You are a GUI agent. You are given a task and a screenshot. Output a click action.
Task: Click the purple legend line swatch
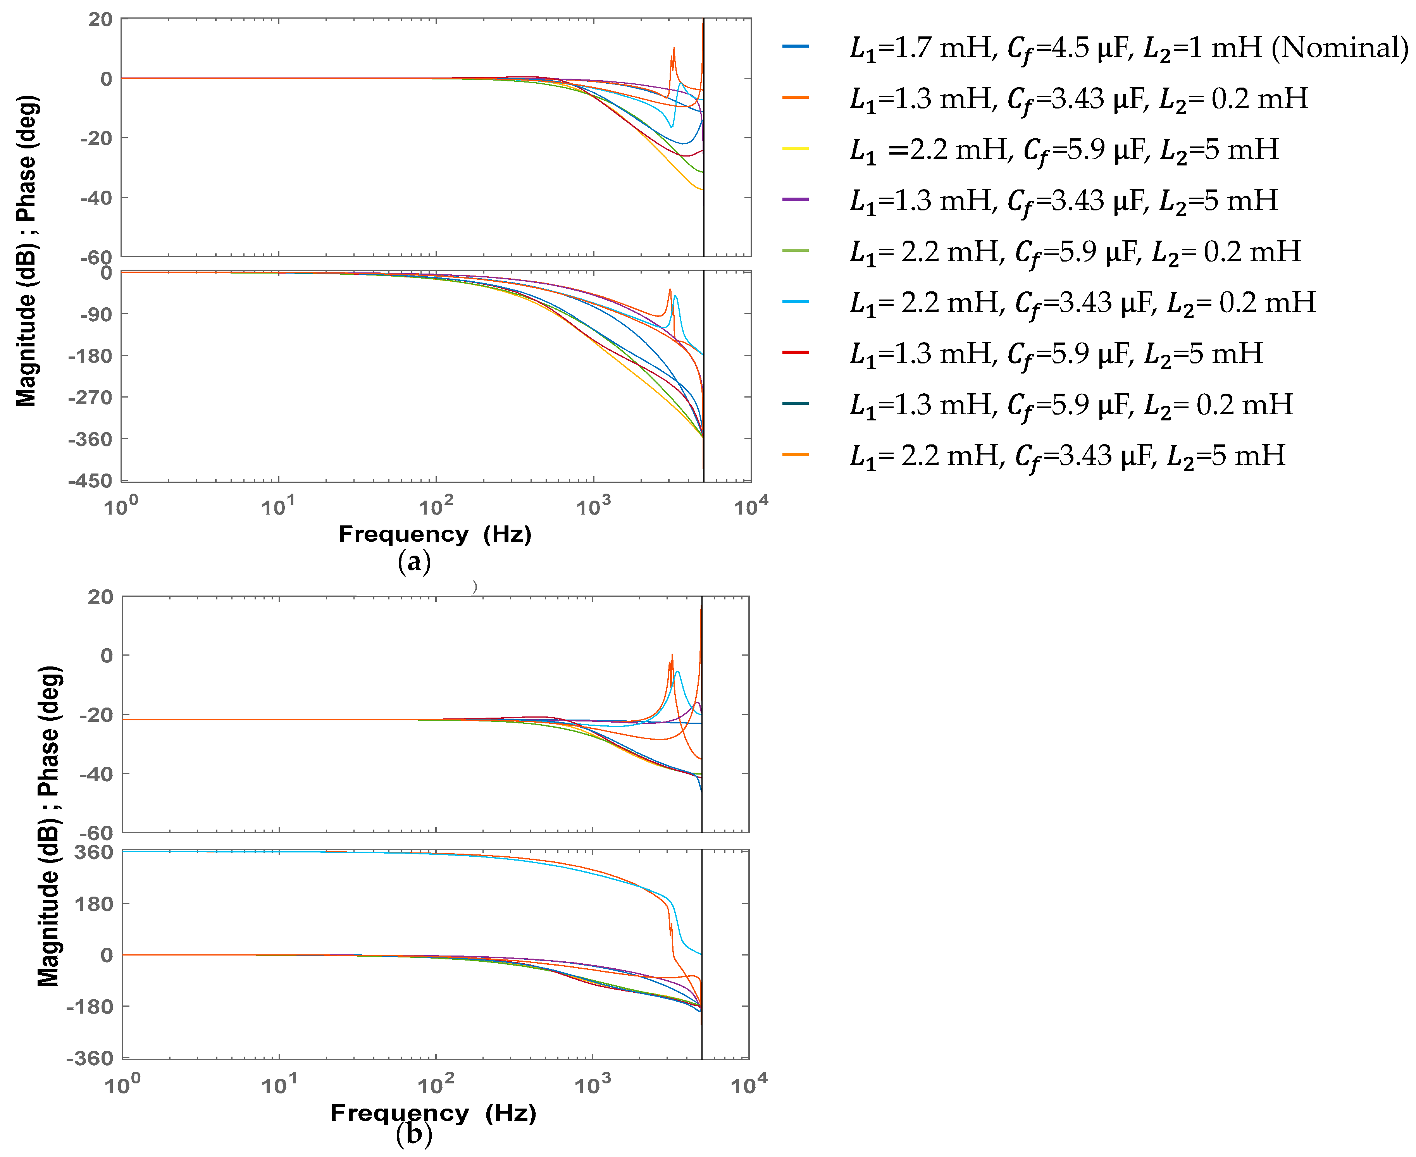pyautogui.click(x=795, y=199)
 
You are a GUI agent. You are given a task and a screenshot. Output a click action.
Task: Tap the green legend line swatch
pyautogui.click(x=795, y=251)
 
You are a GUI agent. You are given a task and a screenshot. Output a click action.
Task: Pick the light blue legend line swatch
pyautogui.click(x=795, y=302)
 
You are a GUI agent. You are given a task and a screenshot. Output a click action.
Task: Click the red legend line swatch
pyautogui.click(x=795, y=353)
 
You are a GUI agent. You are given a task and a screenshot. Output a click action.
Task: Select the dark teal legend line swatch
pyautogui.click(x=795, y=404)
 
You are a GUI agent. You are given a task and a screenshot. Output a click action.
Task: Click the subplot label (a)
pyautogui.click(x=414, y=562)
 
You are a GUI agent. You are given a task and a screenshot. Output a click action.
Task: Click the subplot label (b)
pyautogui.click(x=414, y=1135)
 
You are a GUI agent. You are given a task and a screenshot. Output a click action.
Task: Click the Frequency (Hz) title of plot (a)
pyautogui.click(x=435, y=534)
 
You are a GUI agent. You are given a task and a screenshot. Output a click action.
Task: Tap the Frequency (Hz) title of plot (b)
pyautogui.click(x=433, y=1113)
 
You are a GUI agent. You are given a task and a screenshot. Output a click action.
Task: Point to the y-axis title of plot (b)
pyautogui.click(x=49, y=826)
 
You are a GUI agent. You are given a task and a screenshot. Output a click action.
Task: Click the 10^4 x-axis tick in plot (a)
pyautogui.click(x=751, y=507)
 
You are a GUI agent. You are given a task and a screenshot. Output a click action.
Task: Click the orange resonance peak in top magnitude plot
pyautogui.click(x=674, y=50)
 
